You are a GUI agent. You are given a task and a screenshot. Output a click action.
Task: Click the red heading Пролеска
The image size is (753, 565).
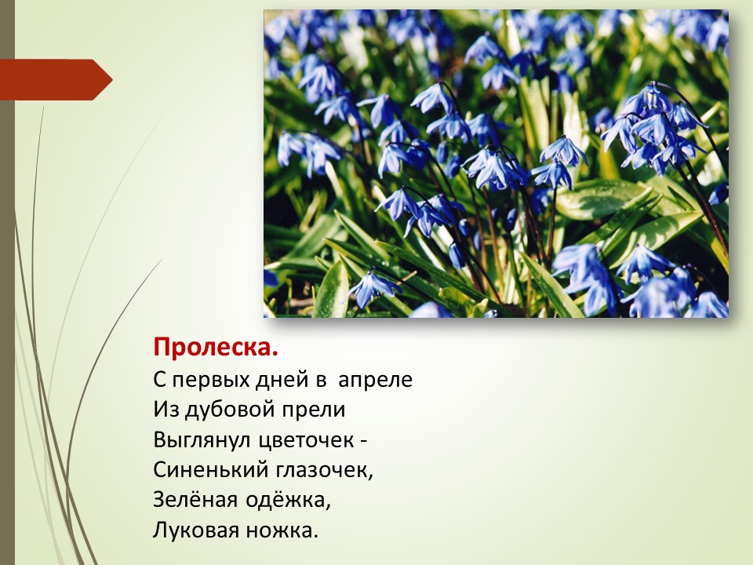click(x=216, y=348)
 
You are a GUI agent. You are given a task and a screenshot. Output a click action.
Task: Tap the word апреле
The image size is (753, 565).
click(x=375, y=380)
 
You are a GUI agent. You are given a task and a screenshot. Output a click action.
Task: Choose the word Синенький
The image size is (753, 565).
click(x=211, y=470)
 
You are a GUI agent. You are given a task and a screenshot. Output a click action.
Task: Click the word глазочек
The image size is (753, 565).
click(x=325, y=471)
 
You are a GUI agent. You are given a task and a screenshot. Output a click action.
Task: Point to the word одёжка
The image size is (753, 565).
click(x=288, y=500)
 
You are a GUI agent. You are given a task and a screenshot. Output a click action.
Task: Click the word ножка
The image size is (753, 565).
click(x=282, y=530)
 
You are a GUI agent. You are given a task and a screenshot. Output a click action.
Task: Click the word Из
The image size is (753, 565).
click(x=166, y=410)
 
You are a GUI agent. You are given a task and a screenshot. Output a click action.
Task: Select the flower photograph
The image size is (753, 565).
click(x=496, y=164)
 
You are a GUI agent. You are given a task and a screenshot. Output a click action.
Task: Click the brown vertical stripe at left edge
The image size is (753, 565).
click(x=7, y=282)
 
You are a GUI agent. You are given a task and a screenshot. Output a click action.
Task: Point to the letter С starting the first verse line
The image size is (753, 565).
click(x=159, y=380)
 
